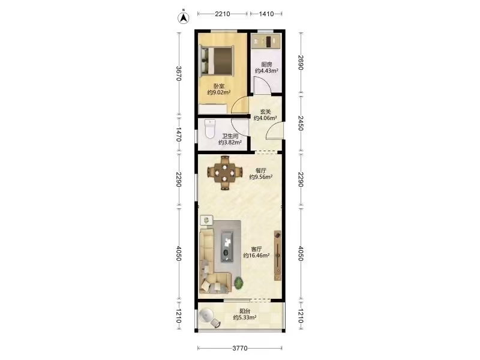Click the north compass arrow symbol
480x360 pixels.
coord(184,17)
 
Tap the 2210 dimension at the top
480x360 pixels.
coord(223,14)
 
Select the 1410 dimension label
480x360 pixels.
coord(266,14)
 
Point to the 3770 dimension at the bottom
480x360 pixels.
coord(240,348)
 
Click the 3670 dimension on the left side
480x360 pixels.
coord(179,73)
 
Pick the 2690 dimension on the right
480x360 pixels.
coord(301,63)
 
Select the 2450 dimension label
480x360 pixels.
coord(301,124)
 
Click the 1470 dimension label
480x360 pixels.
coord(179,134)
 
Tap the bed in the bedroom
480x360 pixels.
coord(217,61)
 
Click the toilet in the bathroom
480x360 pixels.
coord(210,129)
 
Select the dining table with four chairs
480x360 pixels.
coord(224,173)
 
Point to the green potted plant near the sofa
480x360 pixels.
coord(239,283)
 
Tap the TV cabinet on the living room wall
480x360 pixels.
coord(278,256)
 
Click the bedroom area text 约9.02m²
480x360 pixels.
coord(219,92)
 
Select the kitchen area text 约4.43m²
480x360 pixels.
coord(266,71)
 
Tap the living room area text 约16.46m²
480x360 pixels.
coord(257,256)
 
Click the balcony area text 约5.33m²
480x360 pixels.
coord(245,317)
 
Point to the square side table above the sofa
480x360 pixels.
coord(206,220)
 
